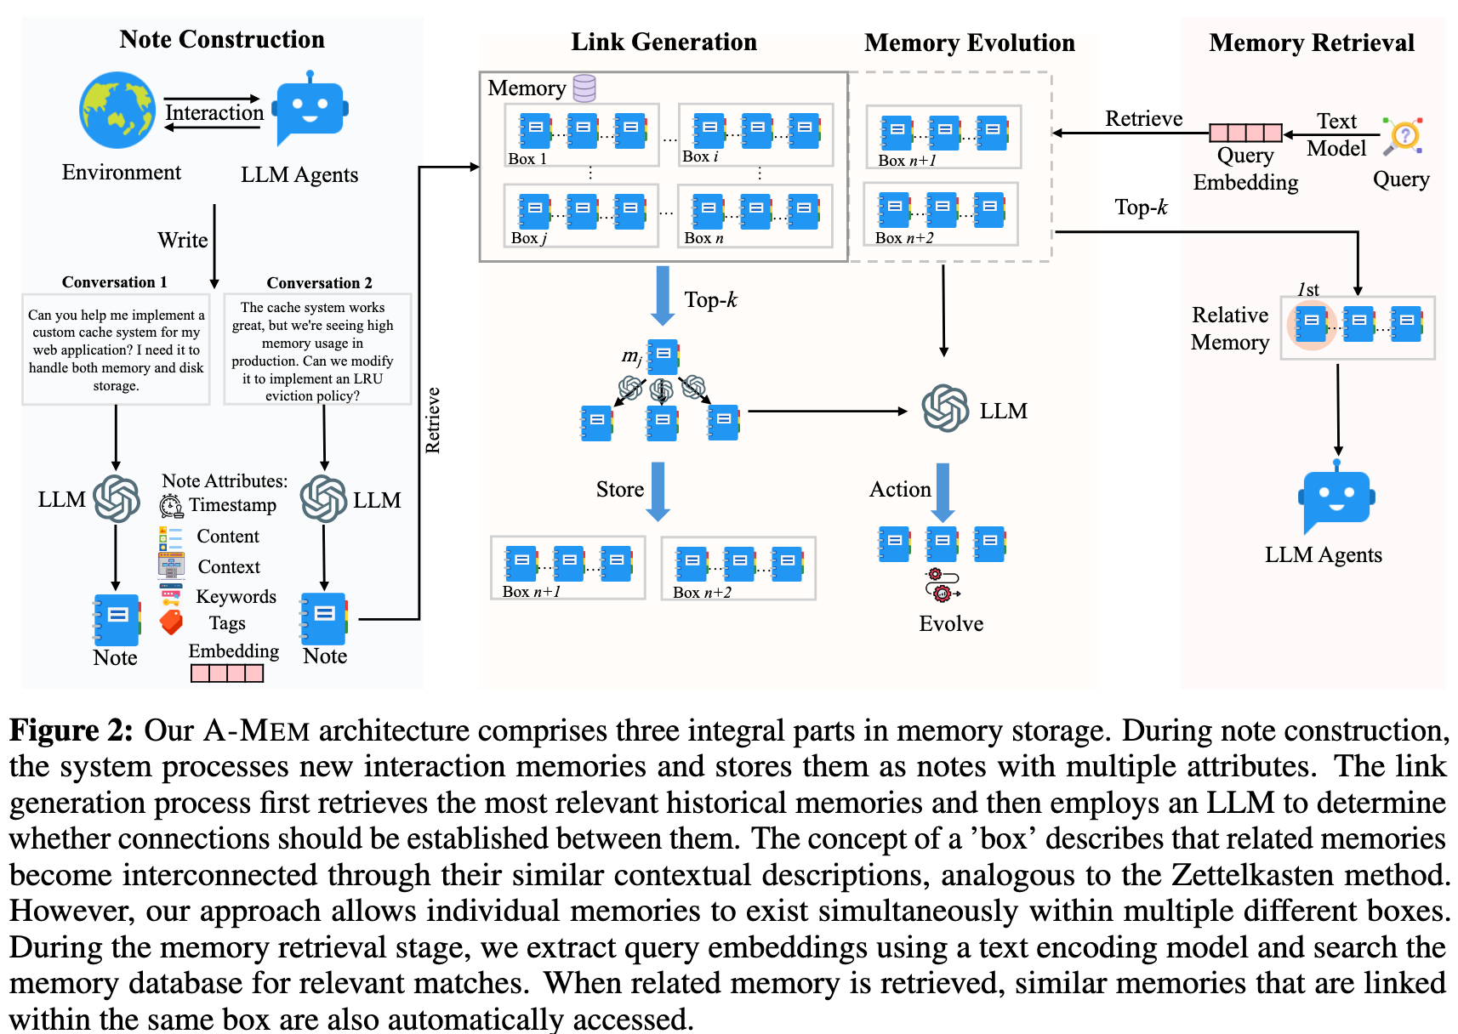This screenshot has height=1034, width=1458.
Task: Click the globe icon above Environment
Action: [x=117, y=110]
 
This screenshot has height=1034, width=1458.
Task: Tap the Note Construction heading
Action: [x=222, y=39]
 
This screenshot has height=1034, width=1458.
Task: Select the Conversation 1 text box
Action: [x=116, y=349]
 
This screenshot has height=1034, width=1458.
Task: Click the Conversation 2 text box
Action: [x=317, y=349]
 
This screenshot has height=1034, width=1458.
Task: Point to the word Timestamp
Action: [x=232, y=505]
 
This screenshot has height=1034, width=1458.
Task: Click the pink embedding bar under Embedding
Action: [x=227, y=673]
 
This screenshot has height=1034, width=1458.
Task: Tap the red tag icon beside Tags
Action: [x=171, y=622]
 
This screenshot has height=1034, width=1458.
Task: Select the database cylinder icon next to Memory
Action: [x=584, y=88]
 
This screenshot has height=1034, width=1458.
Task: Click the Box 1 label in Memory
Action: [x=527, y=159]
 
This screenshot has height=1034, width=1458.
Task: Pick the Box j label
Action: [x=528, y=238]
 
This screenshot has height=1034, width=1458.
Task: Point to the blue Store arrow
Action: [x=658, y=491]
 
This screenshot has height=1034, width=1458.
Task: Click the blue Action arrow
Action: [x=943, y=491]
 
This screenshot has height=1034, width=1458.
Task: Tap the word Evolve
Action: [x=951, y=624]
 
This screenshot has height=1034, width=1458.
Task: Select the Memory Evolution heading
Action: [x=970, y=43]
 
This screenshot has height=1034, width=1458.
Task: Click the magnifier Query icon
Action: [x=1403, y=136]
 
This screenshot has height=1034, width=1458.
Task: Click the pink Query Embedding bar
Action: [x=1245, y=133]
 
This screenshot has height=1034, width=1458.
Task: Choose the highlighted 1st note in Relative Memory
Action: [x=1311, y=324]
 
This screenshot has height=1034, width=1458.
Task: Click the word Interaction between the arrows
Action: [x=214, y=113]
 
